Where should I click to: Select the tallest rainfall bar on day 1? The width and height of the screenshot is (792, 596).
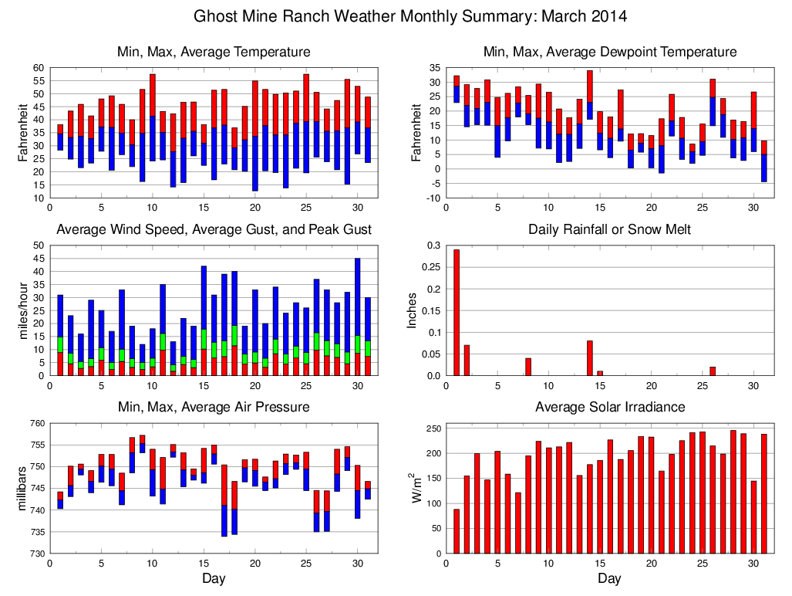tap(457, 312)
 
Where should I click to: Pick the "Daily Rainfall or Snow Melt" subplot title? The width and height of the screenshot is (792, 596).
tap(609, 229)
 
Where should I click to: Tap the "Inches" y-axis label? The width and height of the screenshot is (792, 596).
tap(412, 310)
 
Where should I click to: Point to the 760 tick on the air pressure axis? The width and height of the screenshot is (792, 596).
tap(35, 423)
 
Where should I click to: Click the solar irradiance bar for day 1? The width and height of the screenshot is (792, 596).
tap(457, 531)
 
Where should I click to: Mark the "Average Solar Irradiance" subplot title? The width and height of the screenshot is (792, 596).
tap(609, 407)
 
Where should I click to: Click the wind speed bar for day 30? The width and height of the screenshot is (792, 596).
tap(357, 317)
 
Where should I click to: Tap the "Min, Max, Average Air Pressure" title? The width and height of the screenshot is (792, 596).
tap(214, 407)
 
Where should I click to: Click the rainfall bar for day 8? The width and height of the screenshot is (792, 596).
tap(528, 367)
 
